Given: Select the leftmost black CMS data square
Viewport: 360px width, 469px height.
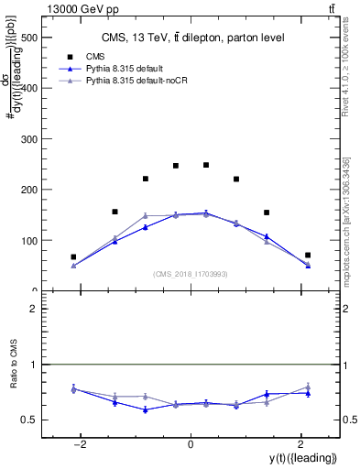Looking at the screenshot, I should coord(73,257).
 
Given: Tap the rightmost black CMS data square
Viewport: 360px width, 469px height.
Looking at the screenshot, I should coord(308,255).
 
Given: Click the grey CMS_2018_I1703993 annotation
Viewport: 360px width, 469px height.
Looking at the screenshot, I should coord(191,274).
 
